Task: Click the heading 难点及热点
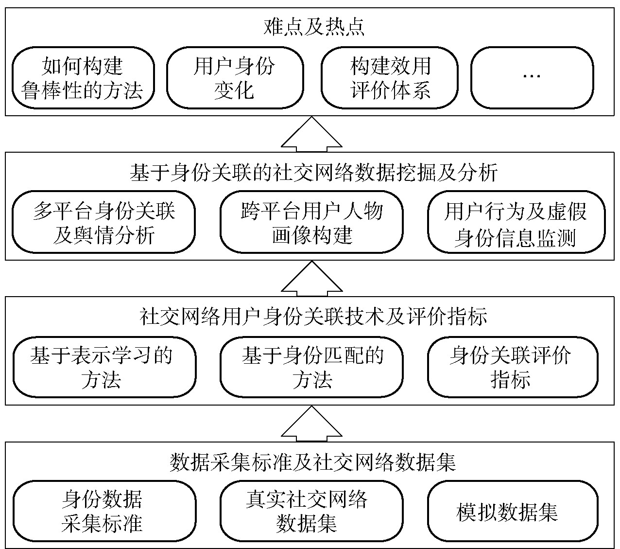[x=313, y=28]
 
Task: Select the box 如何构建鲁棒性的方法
[x=83, y=78]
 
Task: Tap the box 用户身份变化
[x=235, y=78]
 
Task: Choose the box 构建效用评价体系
[x=390, y=78]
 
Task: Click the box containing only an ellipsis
[x=532, y=78]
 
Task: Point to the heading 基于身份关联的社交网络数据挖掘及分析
[x=313, y=173]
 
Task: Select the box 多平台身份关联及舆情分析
[x=103, y=222]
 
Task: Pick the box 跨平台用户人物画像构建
[x=311, y=222]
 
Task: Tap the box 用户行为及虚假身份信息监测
[x=516, y=222]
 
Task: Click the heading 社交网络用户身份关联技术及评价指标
[x=313, y=317]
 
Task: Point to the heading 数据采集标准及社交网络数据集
[x=313, y=462]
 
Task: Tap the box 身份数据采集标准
[x=103, y=511]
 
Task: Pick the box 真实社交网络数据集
[x=311, y=511]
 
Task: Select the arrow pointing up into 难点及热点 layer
[x=311, y=136]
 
